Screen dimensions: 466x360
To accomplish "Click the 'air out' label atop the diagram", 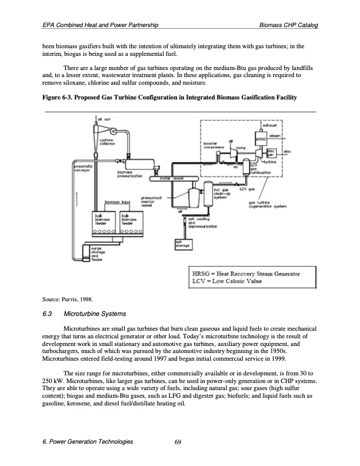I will coord(105,119).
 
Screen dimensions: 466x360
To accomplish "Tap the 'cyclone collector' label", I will coord(108,142).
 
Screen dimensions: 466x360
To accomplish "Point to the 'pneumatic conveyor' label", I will coord(81,170).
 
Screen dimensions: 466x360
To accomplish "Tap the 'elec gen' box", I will coord(271,152).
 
